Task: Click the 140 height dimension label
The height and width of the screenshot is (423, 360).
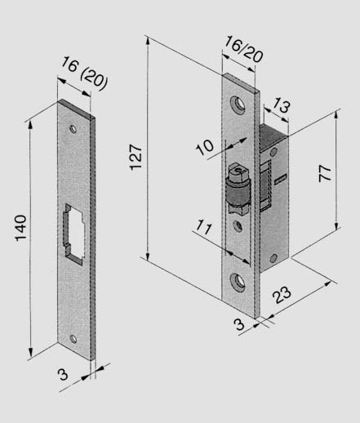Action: (x=20, y=228)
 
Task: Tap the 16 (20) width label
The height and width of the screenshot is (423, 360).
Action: (x=85, y=73)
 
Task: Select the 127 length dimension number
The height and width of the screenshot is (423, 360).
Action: (x=136, y=157)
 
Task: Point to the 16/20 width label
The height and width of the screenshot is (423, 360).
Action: (x=244, y=49)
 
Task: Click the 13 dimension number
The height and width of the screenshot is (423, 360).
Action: (x=281, y=105)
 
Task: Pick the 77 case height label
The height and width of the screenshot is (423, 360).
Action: (x=325, y=173)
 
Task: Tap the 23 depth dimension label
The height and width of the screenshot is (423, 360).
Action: (x=282, y=295)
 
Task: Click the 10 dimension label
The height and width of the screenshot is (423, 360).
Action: (x=205, y=147)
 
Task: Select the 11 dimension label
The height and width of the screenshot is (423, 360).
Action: (x=204, y=228)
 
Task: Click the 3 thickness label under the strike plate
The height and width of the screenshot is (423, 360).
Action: (x=63, y=375)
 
